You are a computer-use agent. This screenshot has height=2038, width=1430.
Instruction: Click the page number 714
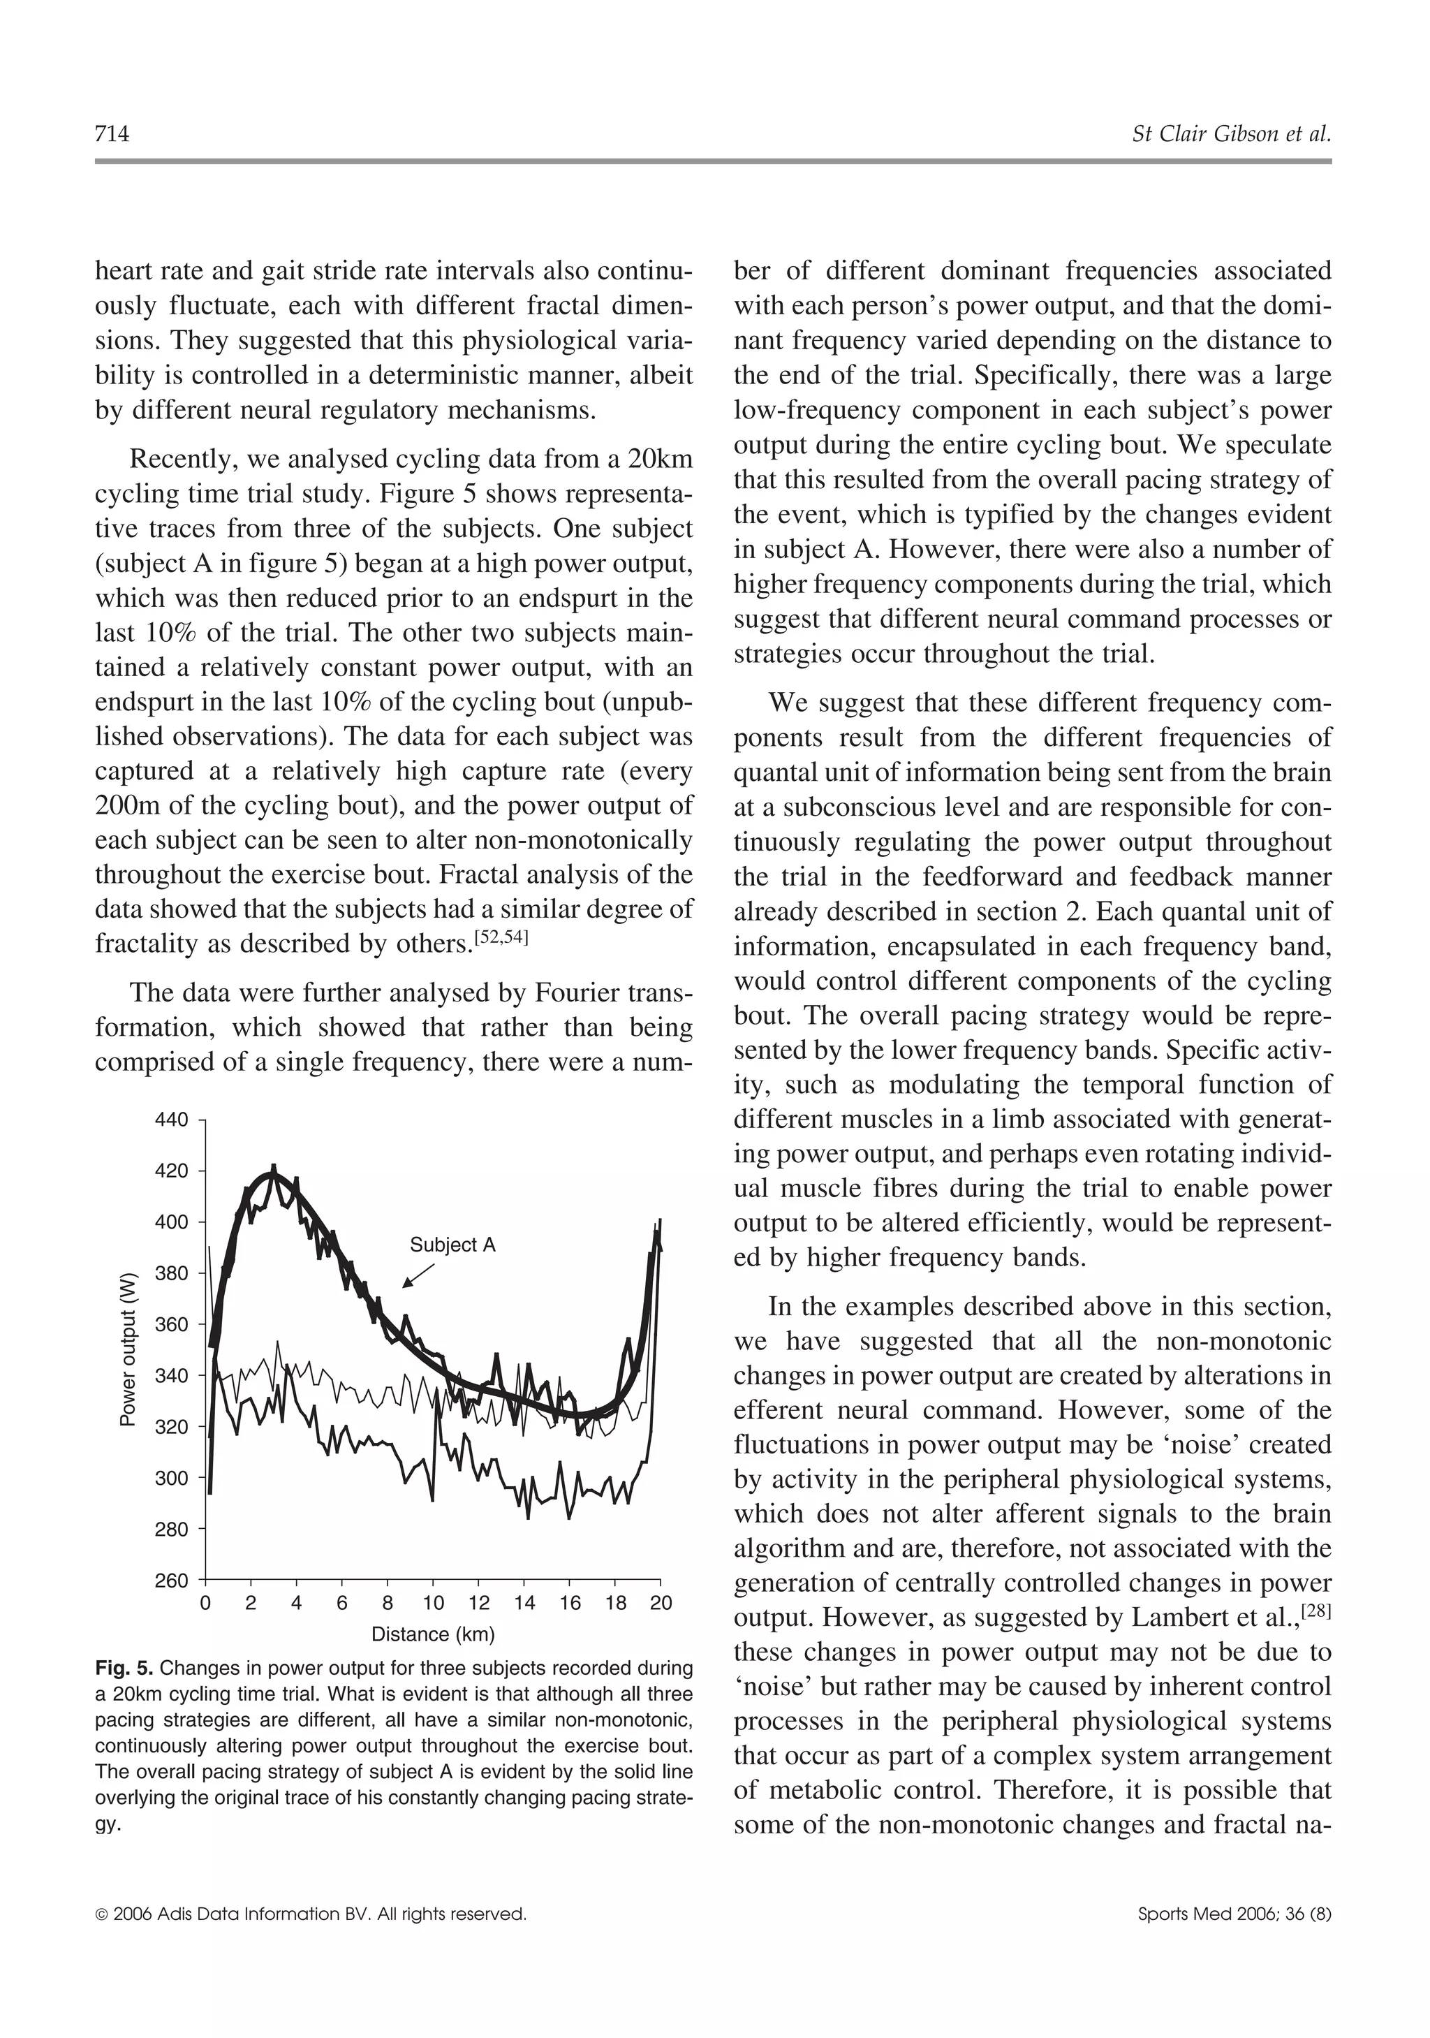point(112,135)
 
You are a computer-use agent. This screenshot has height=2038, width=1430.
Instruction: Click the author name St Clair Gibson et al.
point(1231,135)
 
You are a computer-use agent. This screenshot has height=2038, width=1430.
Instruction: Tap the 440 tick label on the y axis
point(171,1120)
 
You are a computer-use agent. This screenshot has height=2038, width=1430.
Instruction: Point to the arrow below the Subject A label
point(418,1275)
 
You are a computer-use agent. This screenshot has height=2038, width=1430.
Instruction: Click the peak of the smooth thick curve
point(271,1175)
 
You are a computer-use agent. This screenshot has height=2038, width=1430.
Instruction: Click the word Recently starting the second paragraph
point(181,460)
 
